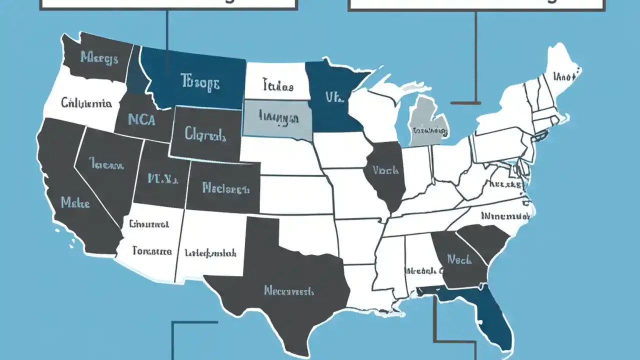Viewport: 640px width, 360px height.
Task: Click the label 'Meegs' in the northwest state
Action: click(99, 58)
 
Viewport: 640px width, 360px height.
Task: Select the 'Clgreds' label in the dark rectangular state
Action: click(205, 134)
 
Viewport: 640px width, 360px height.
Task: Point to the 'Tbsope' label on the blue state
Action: click(200, 82)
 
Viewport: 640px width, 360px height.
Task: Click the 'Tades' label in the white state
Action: click(277, 86)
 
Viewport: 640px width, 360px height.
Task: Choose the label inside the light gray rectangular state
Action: click(279, 118)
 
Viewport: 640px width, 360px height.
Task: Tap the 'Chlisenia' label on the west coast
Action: click(86, 103)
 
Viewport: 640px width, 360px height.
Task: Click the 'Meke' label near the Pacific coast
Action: click(75, 202)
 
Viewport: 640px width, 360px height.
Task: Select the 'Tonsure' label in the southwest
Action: click(152, 251)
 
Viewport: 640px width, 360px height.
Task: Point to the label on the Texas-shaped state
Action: click(288, 290)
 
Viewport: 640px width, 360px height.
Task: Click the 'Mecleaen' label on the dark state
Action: click(225, 188)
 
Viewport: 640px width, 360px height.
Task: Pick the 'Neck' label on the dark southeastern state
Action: click(459, 259)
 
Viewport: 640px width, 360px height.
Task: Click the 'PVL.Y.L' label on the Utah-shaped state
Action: click(162, 178)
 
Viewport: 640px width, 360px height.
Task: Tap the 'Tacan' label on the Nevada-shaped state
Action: click(106, 163)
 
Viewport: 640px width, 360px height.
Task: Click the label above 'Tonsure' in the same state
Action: click(148, 224)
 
